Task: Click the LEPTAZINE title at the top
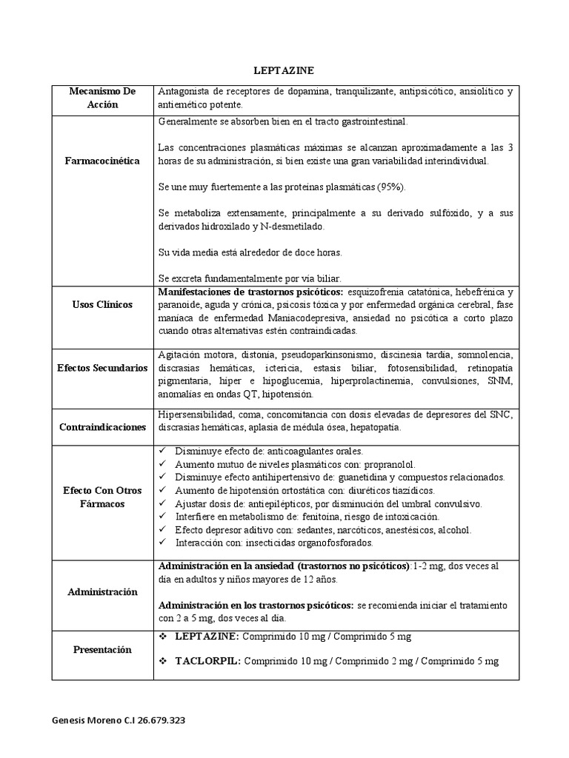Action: [284, 70]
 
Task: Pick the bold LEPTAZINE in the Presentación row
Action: [207, 637]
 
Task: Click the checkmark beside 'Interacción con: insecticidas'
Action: [163, 543]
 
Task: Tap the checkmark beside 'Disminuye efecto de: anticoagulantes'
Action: [163, 451]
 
